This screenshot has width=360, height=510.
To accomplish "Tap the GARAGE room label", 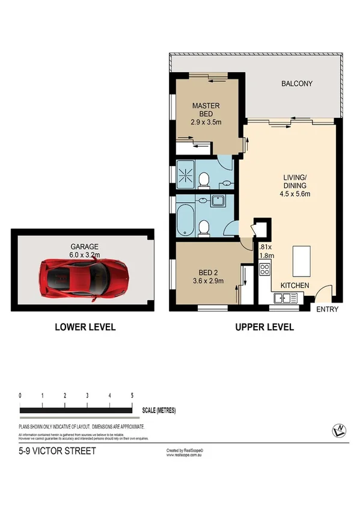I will (85, 247).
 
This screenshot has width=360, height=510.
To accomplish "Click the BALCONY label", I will (297, 84).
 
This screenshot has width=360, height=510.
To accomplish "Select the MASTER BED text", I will (206, 110).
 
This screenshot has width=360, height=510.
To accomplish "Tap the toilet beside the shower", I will (203, 179).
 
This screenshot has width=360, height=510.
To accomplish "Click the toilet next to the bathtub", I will (204, 227).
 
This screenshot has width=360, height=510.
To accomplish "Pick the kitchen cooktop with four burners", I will (264, 271).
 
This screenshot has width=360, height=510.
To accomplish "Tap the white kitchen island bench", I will (300, 259).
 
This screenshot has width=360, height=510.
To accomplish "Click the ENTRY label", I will (328, 310).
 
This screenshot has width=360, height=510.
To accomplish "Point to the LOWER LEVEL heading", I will (85, 328).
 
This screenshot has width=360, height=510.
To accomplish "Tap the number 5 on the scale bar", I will (132, 395).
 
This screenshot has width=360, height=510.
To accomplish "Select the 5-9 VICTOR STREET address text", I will (57, 450).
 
